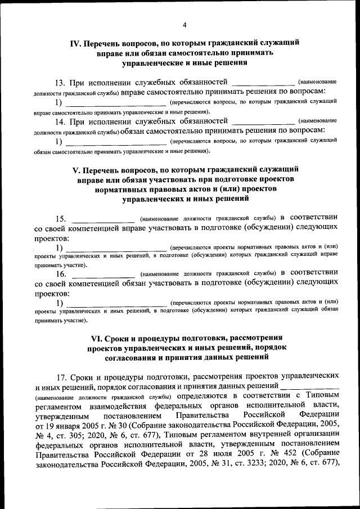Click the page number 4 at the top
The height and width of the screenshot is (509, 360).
click(184, 24)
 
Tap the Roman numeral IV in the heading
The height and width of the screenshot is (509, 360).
click(75, 43)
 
